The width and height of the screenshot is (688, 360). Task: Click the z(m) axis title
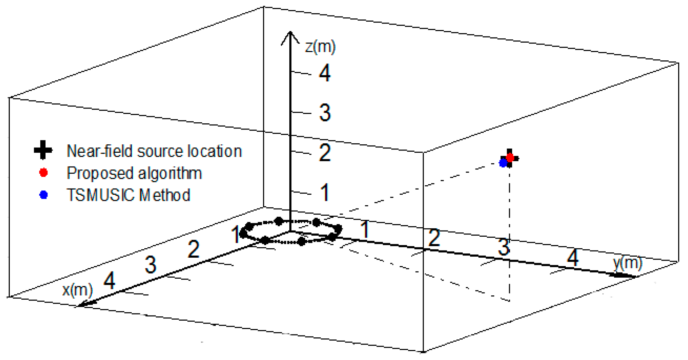320,47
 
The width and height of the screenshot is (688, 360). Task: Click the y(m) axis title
627,263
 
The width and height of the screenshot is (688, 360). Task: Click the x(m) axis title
77,290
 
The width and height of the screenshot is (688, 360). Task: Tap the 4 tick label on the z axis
325,73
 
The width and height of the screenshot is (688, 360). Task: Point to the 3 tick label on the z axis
325,113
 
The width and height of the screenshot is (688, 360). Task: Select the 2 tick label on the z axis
325,153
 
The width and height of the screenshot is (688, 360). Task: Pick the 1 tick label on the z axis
325,192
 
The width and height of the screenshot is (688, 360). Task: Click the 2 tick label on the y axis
434,238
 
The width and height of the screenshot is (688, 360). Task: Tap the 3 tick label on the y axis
504,247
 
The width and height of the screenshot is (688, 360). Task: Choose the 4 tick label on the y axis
573,258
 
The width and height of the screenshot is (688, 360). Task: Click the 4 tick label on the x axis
109,280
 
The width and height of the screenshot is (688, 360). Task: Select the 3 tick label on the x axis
150,265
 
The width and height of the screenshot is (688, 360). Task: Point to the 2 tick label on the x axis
193,249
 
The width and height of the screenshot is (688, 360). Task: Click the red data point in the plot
510,158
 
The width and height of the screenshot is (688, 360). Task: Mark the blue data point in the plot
503,163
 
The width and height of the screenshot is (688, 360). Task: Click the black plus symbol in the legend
43,150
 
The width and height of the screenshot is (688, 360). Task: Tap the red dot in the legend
44,173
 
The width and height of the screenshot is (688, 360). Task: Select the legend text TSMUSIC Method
128,195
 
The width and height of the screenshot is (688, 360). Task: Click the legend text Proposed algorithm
134,173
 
